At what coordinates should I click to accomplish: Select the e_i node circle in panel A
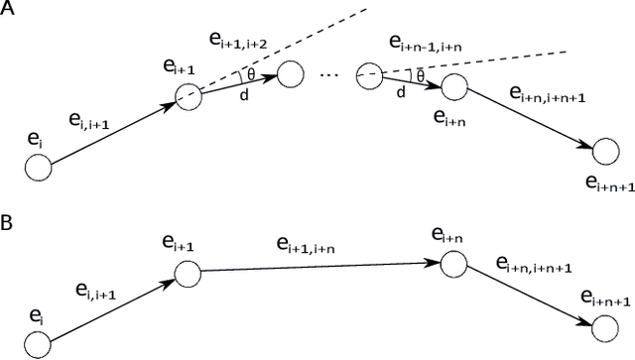tap(39, 168)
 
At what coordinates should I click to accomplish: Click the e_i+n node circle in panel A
tap(453, 87)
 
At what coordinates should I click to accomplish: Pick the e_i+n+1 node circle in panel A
tap(605, 152)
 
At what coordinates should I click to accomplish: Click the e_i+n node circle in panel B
tap(452, 264)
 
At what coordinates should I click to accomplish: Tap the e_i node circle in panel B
tap(39, 343)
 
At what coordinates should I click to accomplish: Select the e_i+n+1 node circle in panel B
tap(604, 327)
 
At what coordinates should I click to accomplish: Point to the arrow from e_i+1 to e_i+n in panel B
tap(317, 268)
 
